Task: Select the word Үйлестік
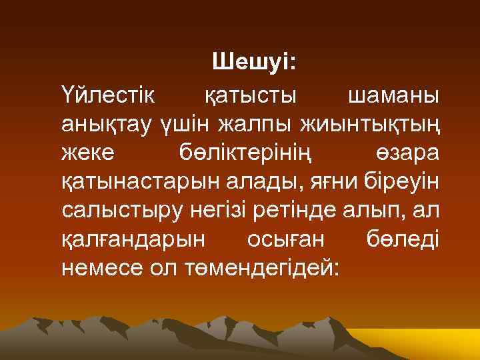(107, 95)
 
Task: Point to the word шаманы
(393, 95)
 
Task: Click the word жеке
(88, 153)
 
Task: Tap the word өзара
(405, 153)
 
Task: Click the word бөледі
(403, 239)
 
